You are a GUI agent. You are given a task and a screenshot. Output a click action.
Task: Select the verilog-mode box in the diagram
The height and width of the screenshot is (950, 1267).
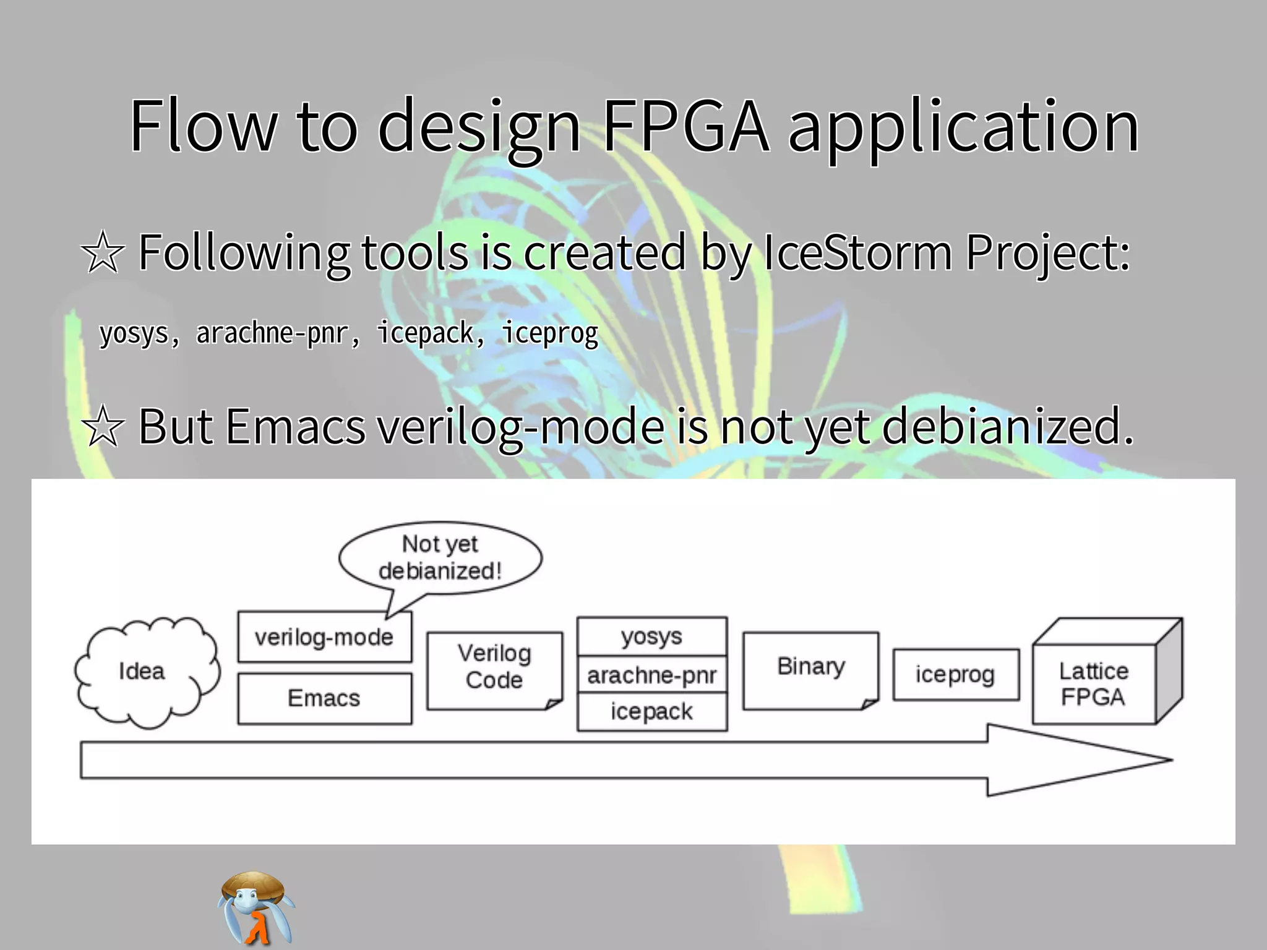pyautogui.click(x=324, y=637)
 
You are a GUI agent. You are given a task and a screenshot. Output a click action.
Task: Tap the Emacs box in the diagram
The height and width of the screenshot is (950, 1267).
pyautogui.click(x=324, y=698)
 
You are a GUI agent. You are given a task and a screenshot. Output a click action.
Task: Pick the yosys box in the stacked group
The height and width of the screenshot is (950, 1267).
pyautogui.click(x=651, y=636)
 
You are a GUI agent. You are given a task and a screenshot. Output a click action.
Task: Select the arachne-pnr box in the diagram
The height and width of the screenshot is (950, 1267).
pyautogui.click(x=651, y=675)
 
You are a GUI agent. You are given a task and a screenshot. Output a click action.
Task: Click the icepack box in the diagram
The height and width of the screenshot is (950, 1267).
pyautogui.click(x=651, y=712)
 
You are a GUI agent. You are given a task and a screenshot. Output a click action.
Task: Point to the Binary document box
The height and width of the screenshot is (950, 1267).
pyautogui.click(x=810, y=669)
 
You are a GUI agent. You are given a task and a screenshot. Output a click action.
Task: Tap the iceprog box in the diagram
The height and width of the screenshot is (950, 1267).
pyautogui.click(x=955, y=675)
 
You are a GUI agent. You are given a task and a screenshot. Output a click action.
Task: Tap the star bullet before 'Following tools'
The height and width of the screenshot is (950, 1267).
pyautogui.click(x=103, y=253)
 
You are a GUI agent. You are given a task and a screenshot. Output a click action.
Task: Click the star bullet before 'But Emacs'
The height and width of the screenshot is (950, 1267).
pyautogui.click(x=103, y=427)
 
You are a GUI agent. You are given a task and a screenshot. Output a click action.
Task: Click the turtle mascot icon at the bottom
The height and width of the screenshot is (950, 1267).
pyautogui.click(x=256, y=908)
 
